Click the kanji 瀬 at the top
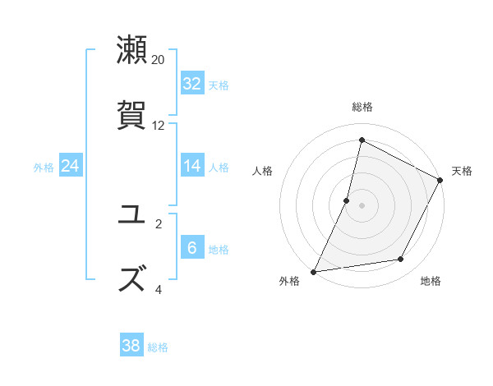pyautogui.click(x=132, y=50)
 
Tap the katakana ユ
pyautogui.click(x=132, y=216)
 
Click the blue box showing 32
pyautogui.click(x=192, y=84)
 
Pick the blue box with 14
pyautogui.click(x=192, y=166)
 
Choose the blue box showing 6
pyautogui.click(x=192, y=248)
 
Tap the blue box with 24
pyautogui.click(x=70, y=166)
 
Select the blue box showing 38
pyautogui.click(x=131, y=346)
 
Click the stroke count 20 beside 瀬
pyautogui.click(x=159, y=60)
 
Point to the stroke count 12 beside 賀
pyautogui.click(x=159, y=126)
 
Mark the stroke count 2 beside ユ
pyautogui.click(x=159, y=223)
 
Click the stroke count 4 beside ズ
pyautogui.click(x=159, y=289)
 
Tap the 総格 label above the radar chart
pyautogui.click(x=362, y=107)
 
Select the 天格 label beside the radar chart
pyautogui.click(x=462, y=171)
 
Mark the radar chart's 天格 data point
pyautogui.click(x=440, y=180)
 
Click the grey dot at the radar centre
pyautogui.click(x=362, y=205)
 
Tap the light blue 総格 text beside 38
pyautogui.click(x=158, y=347)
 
